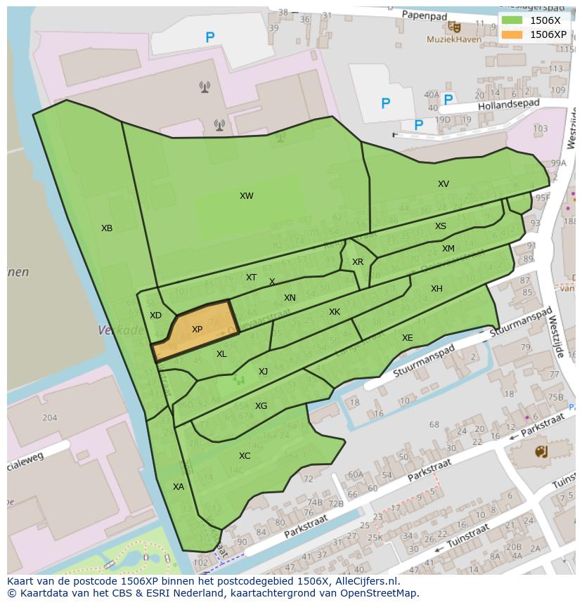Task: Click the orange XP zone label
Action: coord(197,330)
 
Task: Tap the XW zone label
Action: coord(246,196)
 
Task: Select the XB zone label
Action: coord(107,228)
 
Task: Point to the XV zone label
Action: coord(443,184)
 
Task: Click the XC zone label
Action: coord(244,456)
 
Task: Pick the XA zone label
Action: coord(179,486)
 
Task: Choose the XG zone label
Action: coord(261,406)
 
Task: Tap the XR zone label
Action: coord(358,262)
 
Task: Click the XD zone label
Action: coord(155,315)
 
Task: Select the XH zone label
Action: coord(436,289)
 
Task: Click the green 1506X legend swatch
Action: coord(512,20)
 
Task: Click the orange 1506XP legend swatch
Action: coord(512,34)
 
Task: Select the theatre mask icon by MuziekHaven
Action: coord(455,27)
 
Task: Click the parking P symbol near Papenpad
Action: coord(209,38)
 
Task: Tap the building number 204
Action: coord(49,417)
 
